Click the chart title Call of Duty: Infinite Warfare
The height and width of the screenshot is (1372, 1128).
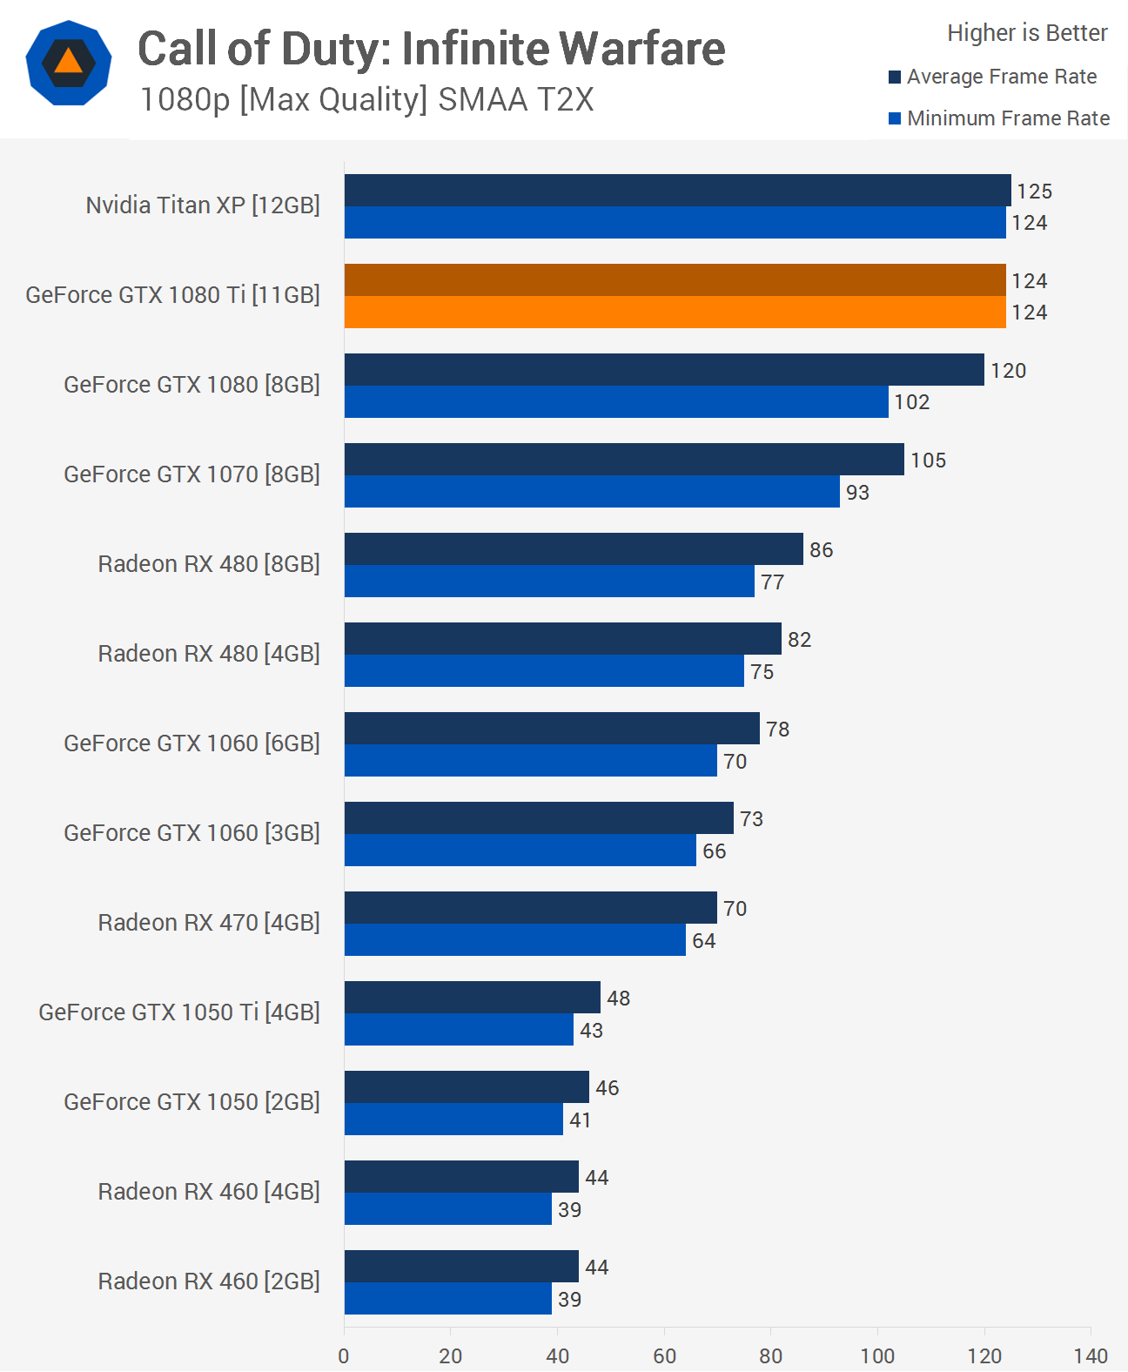tap(431, 49)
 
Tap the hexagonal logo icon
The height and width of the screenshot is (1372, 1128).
tap(69, 63)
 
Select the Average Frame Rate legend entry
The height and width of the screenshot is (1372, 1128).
tap(992, 77)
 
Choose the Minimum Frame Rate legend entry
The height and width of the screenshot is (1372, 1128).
tap(998, 118)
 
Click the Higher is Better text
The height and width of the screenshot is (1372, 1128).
tap(1027, 33)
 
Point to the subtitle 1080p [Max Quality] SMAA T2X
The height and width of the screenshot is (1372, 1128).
tap(366, 100)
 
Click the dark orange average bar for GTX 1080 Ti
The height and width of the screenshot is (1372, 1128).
tap(675, 280)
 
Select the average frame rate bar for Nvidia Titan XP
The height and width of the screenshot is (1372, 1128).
tap(677, 191)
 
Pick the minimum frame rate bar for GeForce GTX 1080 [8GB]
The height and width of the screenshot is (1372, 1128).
tap(616, 402)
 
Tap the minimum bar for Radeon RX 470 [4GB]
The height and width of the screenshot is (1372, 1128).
tap(514, 940)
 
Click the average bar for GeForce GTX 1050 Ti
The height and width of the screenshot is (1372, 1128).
tap(472, 998)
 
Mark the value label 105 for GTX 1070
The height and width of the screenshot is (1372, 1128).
tap(928, 461)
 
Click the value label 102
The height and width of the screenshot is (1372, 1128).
tap(911, 402)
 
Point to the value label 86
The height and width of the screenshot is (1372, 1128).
tap(821, 550)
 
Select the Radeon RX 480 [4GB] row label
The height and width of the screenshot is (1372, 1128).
tap(209, 654)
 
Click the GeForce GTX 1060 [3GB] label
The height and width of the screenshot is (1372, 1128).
tap(191, 833)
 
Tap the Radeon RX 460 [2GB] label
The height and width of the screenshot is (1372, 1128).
tap(209, 1281)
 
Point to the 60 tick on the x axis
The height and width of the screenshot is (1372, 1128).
tap(664, 1355)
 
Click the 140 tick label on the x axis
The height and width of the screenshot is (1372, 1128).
tap(1091, 1355)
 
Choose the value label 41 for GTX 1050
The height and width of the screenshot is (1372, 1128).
tap(580, 1120)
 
